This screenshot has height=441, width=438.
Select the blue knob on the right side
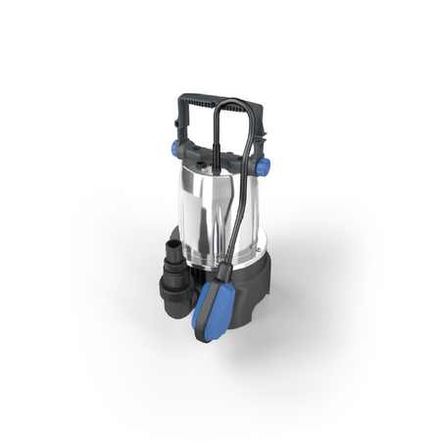pyautogui.click(x=263, y=167)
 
